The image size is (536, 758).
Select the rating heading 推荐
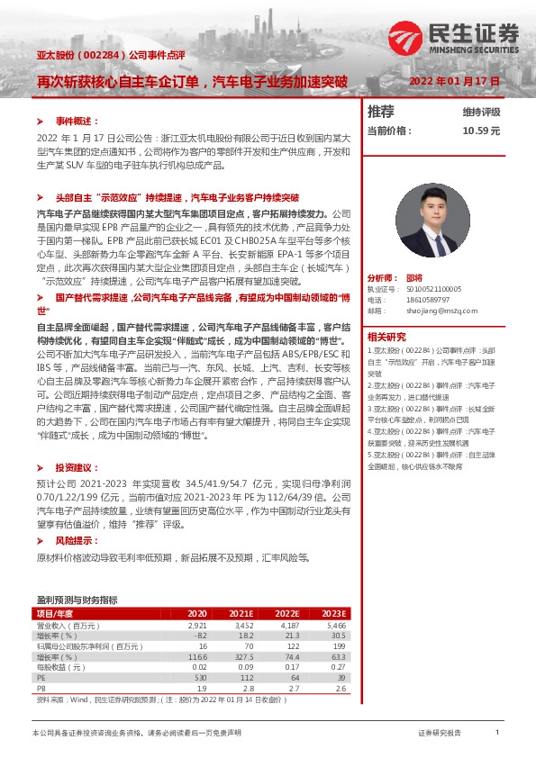click(x=381, y=112)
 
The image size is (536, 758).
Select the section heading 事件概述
click(x=74, y=120)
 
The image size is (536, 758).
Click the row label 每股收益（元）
click(x=61, y=666)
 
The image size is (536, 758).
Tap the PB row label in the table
click(x=41, y=687)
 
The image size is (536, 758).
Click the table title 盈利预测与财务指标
click(x=77, y=599)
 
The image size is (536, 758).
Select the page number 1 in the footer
click(x=496, y=733)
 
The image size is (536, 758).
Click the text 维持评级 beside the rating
click(x=481, y=113)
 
